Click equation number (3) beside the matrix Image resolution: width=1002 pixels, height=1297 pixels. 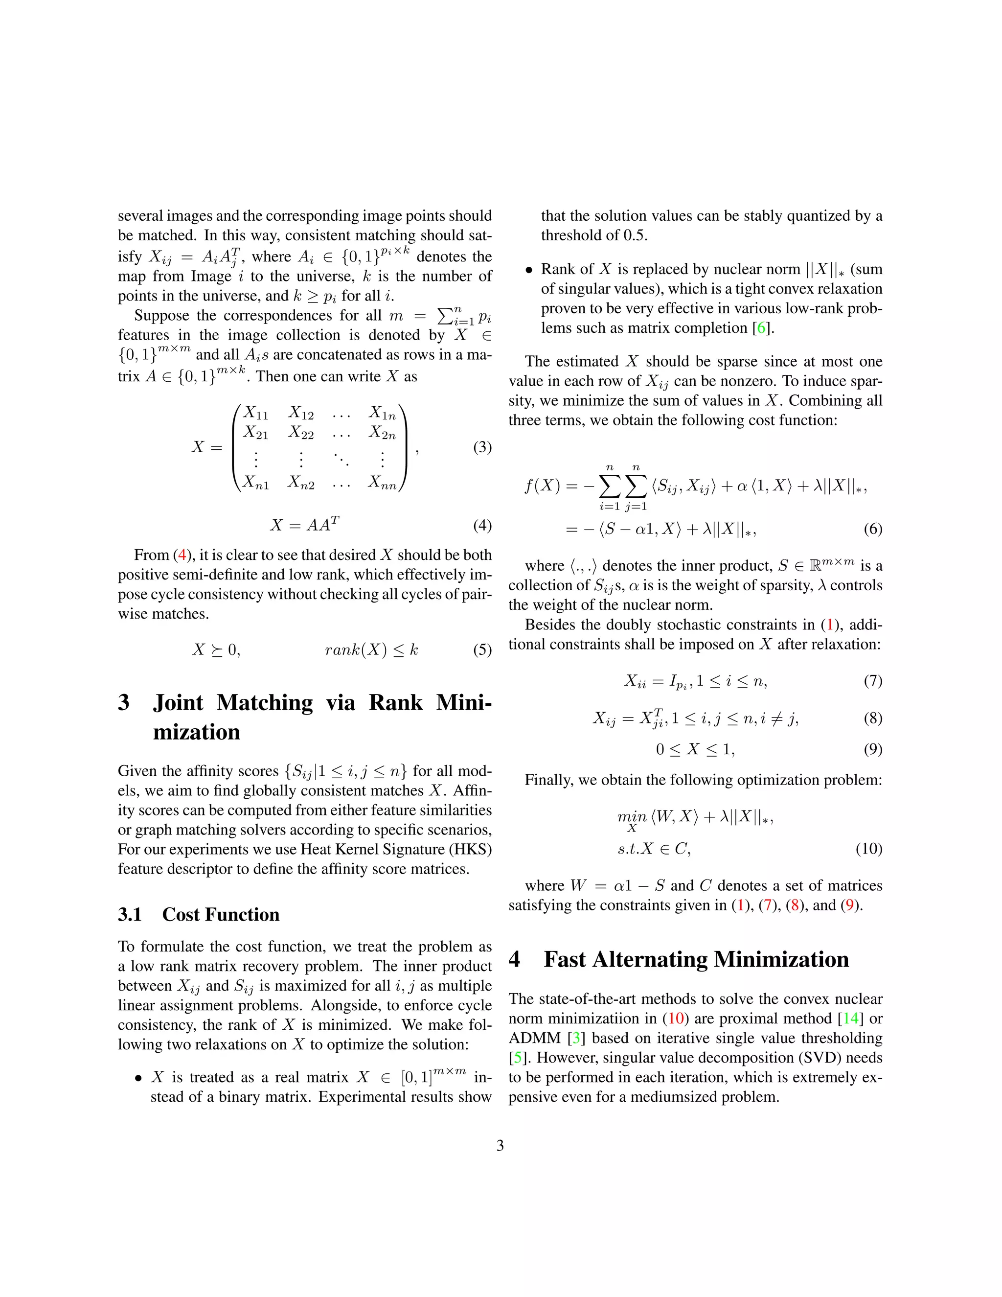482,447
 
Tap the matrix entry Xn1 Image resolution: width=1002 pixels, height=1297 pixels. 256,482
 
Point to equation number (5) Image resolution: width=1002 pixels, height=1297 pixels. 482,649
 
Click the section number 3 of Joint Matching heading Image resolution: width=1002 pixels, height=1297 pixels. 123,702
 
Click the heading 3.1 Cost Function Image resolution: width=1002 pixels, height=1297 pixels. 198,914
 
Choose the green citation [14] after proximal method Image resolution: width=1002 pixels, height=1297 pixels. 851,1019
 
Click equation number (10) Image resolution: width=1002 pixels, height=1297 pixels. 868,849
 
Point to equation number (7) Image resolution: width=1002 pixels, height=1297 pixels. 873,681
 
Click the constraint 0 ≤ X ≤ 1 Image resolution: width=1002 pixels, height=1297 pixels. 695,749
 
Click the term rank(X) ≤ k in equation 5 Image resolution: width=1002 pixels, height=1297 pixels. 372,649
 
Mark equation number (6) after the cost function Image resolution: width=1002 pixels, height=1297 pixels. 873,529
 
